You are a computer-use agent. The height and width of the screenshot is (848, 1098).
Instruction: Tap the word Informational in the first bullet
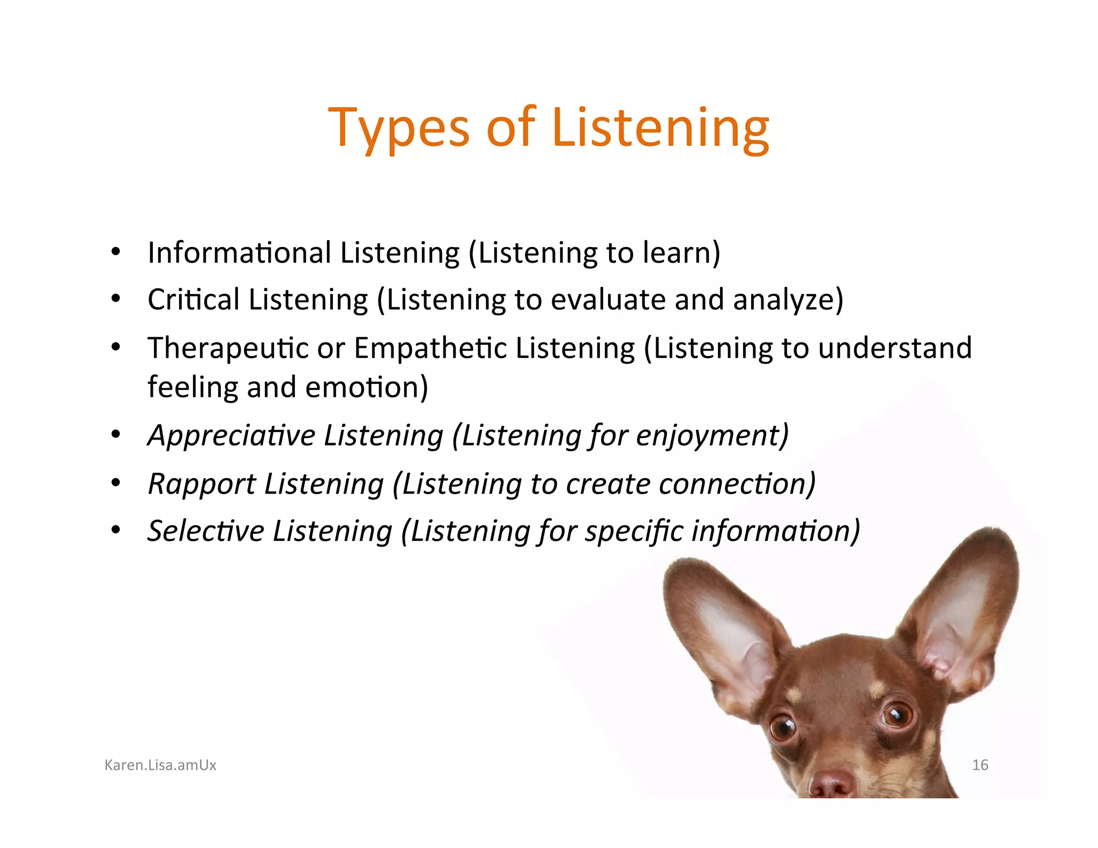coord(239,253)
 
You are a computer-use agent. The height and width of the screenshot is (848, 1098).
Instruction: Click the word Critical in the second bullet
coord(194,300)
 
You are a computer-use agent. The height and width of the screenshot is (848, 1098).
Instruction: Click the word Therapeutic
coord(228,348)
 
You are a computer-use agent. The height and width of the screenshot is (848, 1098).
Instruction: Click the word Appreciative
coord(232,435)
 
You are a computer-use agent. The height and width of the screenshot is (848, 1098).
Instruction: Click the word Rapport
coord(202,484)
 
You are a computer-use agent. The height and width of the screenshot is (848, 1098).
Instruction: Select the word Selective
coord(206,531)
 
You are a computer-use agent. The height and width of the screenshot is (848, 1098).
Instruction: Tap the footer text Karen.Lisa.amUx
coord(160,765)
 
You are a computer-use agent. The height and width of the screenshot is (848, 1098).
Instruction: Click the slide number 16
coord(980,765)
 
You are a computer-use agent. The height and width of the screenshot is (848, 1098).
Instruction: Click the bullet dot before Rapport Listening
coord(116,483)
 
